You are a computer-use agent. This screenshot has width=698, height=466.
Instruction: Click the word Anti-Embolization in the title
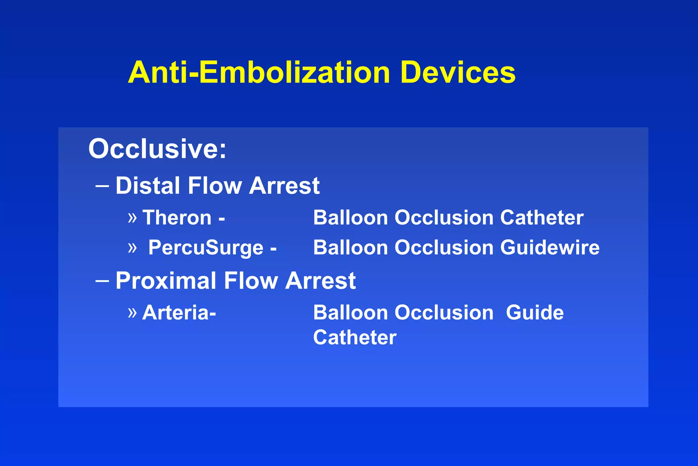click(x=259, y=72)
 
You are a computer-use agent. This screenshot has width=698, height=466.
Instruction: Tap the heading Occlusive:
click(x=157, y=149)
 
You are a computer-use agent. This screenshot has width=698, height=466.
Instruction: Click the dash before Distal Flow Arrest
click(x=102, y=186)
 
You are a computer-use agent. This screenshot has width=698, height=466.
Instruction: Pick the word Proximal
click(x=166, y=281)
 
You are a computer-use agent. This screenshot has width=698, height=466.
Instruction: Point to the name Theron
click(x=177, y=218)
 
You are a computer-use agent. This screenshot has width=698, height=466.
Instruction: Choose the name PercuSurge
click(x=206, y=248)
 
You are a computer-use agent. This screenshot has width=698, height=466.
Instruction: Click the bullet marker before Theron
click(x=132, y=218)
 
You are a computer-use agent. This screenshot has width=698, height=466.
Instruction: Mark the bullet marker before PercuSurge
click(x=132, y=248)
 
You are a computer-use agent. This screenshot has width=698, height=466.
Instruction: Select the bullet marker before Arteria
click(x=132, y=312)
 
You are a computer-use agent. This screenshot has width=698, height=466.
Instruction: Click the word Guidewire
click(x=550, y=248)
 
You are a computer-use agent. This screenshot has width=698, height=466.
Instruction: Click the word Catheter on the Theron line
click(x=542, y=218)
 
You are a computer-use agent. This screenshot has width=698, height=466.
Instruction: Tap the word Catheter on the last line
click(x=354, y=337)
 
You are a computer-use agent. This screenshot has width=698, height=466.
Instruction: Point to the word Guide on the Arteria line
click(x=534, y=312)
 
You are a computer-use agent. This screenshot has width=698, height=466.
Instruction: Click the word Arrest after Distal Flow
click(x=284, y=186)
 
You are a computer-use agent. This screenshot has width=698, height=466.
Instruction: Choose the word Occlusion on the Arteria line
click(x=444, y=312)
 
